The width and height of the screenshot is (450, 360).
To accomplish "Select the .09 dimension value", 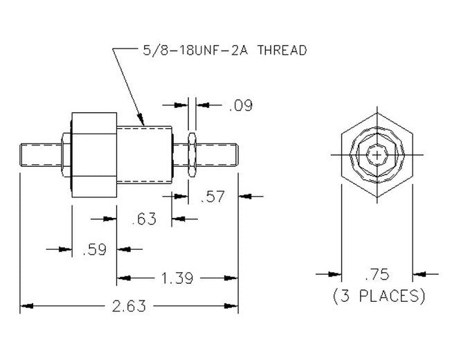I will click(240, 105).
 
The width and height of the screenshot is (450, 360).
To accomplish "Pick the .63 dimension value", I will click(144, 219).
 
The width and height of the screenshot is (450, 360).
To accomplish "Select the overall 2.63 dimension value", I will click(129, 306).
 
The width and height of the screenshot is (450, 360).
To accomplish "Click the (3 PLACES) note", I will click(377, 296).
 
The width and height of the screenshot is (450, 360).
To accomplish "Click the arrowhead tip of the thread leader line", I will click(143, 124).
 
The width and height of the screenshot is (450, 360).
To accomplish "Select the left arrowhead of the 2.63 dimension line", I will click(22, 306).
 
